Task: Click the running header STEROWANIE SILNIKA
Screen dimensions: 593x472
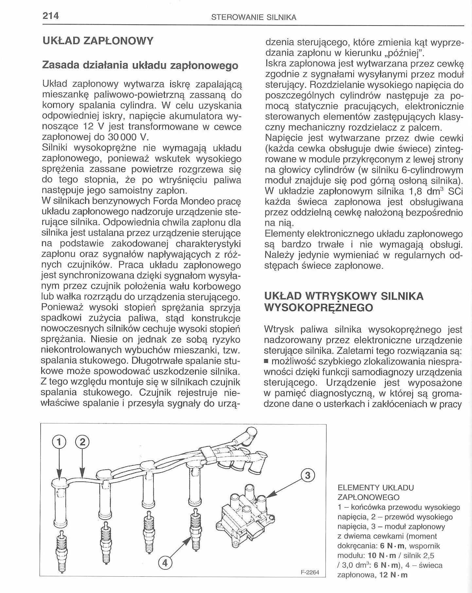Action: coord(254,18)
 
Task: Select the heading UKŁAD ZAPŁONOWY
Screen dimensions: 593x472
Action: coord(98,41)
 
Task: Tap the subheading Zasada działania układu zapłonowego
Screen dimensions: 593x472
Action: coord(140,65)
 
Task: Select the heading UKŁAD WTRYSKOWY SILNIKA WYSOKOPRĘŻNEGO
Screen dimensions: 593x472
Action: coord(343,302)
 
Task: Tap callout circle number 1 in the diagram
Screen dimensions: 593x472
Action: coord(59,442)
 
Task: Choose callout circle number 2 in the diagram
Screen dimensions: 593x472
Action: coord(82,442)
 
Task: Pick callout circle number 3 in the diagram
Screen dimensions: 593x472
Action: coord(307,475)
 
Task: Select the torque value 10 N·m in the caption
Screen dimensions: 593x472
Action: coord(382,556)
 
